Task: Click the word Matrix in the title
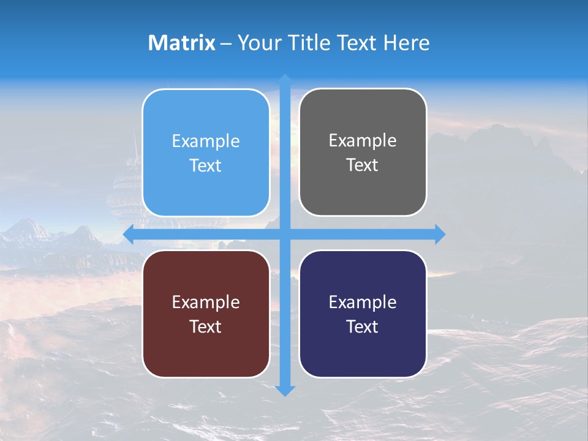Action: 181,43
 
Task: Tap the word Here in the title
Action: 407,43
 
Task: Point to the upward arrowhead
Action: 285,80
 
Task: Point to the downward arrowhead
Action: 285,390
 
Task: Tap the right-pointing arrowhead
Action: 440,235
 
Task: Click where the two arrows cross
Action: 285,235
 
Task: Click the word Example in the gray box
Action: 363,141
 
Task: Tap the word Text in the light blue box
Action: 205,166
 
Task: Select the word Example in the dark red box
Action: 206,302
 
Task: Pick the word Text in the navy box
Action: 362,326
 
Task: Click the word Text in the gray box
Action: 362,165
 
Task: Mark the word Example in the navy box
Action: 363,302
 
